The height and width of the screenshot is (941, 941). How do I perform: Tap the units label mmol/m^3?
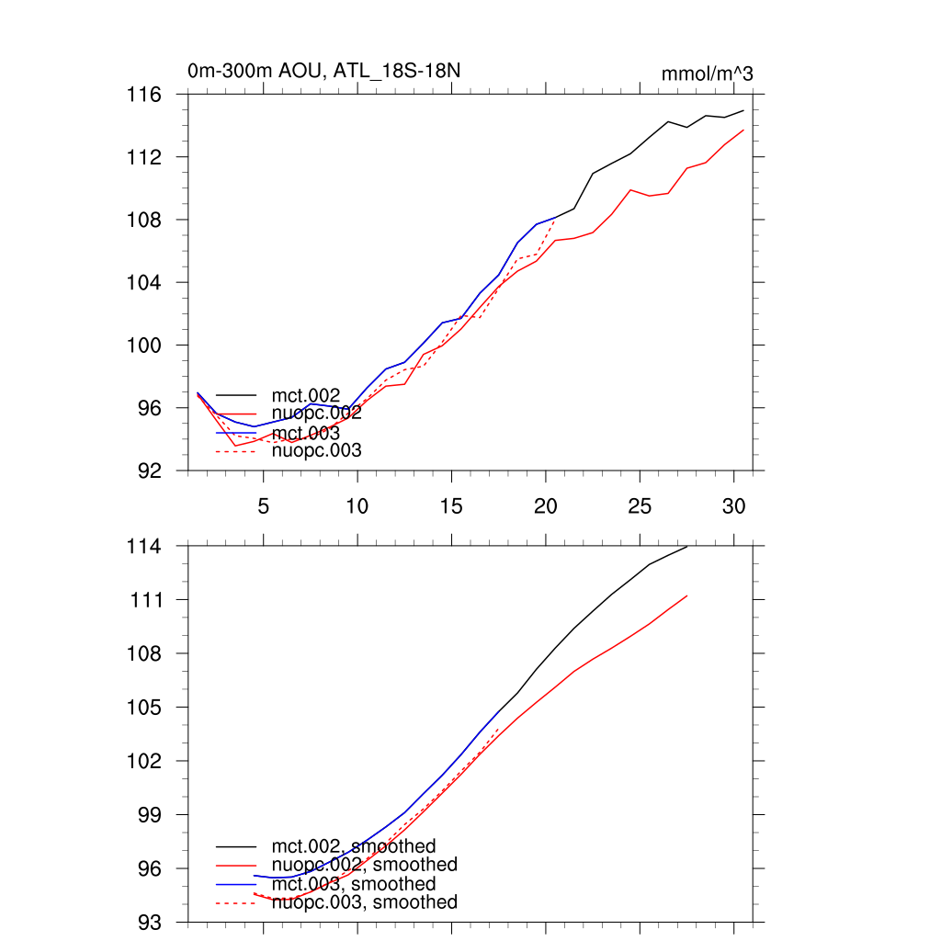(707, 74)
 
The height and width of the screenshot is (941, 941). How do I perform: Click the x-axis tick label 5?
(263, 505)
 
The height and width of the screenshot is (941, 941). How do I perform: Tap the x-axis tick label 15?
(450, 505)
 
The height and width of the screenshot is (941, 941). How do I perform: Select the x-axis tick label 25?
(639, 505)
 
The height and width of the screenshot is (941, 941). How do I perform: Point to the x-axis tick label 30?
(733, 505)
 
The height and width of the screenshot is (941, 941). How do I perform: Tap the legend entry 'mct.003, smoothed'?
(353, 884)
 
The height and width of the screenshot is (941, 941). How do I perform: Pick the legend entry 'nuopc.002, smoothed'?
(364, 865)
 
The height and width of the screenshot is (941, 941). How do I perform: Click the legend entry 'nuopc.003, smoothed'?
(364, 902)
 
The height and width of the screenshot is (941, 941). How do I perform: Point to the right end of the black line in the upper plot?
(743, 110)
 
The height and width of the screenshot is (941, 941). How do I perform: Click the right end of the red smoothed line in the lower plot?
(686, 595)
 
